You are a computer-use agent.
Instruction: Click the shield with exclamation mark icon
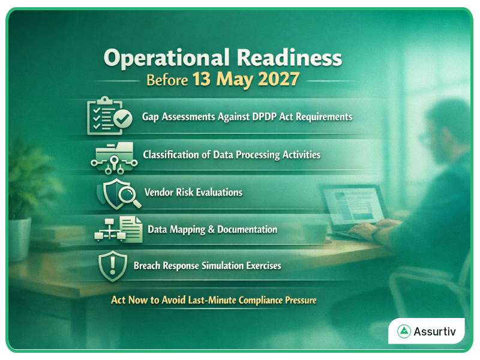(x=112, y=265)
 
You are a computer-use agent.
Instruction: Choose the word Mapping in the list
(x=191, y=230)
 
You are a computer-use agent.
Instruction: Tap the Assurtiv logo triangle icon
(x=404, y=331)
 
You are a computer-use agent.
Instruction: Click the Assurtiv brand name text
(x=435, y=331)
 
